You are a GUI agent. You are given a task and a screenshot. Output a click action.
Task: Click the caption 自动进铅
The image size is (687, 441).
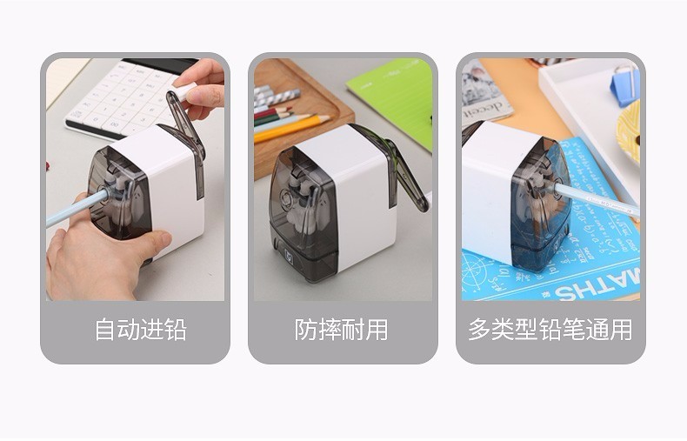tap(141, 330)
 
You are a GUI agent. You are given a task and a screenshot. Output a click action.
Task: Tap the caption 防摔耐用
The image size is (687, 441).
tap(341, 330)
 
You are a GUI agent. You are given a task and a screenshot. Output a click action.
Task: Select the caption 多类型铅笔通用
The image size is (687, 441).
tap(550, 330)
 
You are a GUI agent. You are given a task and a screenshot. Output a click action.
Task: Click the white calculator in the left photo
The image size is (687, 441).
tap(121, 98)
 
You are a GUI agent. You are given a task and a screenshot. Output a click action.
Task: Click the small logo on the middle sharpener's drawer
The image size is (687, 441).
tap(290, 254)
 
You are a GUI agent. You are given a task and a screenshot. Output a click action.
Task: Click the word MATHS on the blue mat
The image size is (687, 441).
tap(597, 286)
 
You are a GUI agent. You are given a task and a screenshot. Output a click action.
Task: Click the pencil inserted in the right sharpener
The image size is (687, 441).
tap(596, 200)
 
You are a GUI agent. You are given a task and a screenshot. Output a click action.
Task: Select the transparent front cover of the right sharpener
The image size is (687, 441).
tap(542, 204)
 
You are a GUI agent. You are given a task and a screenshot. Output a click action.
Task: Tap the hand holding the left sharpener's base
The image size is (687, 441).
tap(101, 254)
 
